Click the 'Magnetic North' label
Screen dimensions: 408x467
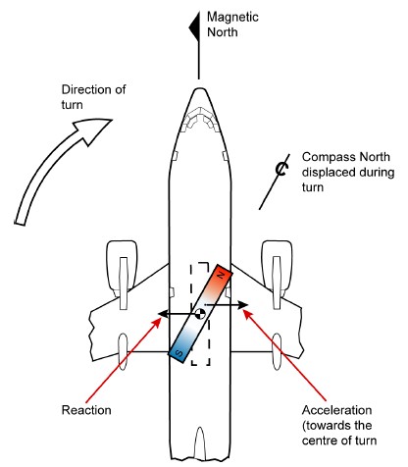232,25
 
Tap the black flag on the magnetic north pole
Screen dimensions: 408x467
194,27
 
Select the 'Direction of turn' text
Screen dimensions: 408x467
93,97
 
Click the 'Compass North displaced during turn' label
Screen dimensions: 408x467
348,172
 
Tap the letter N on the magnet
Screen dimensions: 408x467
222,275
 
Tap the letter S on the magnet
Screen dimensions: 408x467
179,353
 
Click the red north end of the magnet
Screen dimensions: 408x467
220,279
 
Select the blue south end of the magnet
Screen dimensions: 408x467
180,349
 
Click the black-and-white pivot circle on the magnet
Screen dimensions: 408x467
200,314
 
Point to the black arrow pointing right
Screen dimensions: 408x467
227,305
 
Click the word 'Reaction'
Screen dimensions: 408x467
86,410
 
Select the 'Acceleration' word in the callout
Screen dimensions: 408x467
337,410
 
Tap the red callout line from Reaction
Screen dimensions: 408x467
124,360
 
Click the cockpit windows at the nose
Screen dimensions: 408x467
200,119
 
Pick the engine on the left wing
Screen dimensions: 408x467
123,275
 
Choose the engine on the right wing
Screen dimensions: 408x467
278,275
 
